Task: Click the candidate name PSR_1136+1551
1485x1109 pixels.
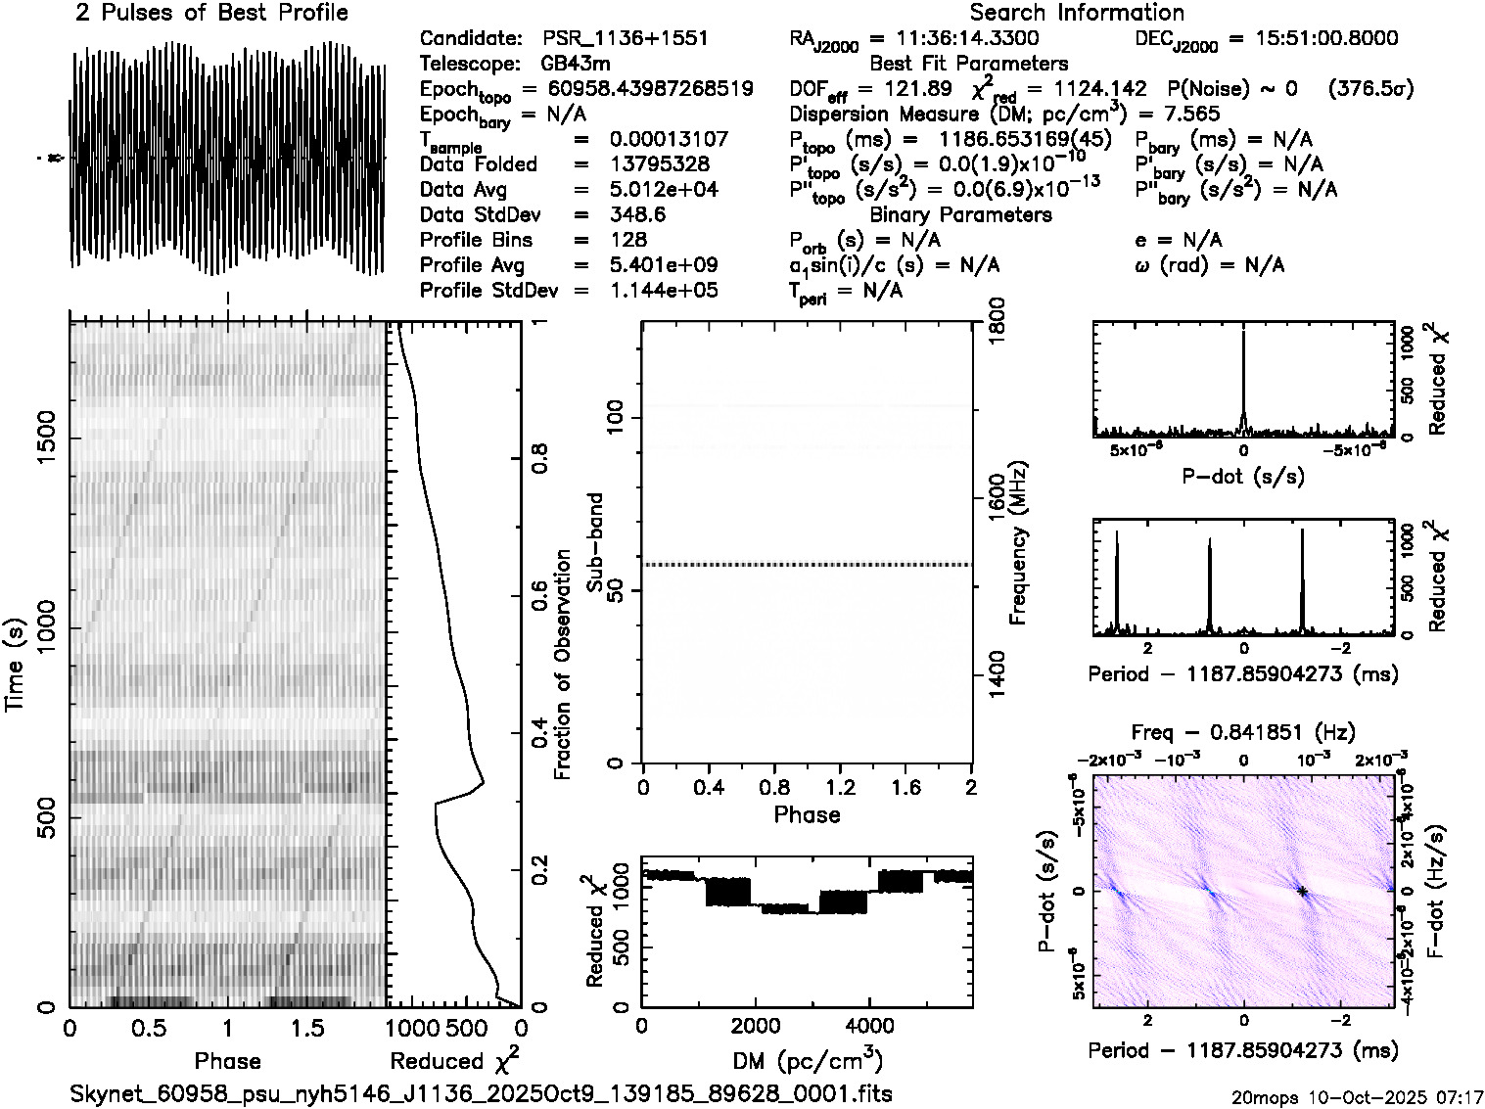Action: pos(625,39)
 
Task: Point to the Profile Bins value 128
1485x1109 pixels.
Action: pos(627,240)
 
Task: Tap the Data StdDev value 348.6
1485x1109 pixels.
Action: pos(637,214)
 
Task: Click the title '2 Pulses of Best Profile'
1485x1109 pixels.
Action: pos(211,13)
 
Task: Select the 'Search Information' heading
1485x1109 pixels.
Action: pos(1077,13)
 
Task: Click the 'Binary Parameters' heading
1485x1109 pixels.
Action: pos(960,214)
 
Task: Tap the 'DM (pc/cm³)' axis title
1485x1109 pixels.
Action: pos(808,1060)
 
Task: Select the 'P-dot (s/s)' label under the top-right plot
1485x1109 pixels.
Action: pos(1243,477)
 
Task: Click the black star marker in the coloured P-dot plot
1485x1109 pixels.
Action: pos(1302,891)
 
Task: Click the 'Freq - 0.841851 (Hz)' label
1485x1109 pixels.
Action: pos(1243,732)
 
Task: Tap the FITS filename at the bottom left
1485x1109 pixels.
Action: pos(481,1092)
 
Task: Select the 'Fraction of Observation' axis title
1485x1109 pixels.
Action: pos(562,665)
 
